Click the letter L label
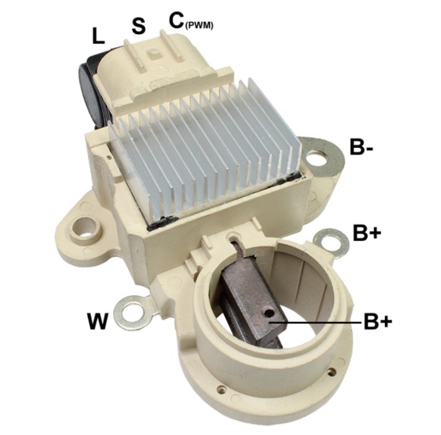click(x=99, y=36)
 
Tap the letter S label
click(x=139, y=27)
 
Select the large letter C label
click(x=177, y=20)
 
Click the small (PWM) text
click(x=199, y=26)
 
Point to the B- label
click(x=361, y=146)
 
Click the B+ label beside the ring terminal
click(x=367, y=233)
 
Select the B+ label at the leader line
click(x=377, y=321)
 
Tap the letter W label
click(x=97, y=321)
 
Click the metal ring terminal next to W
click(x=132, y=312)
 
